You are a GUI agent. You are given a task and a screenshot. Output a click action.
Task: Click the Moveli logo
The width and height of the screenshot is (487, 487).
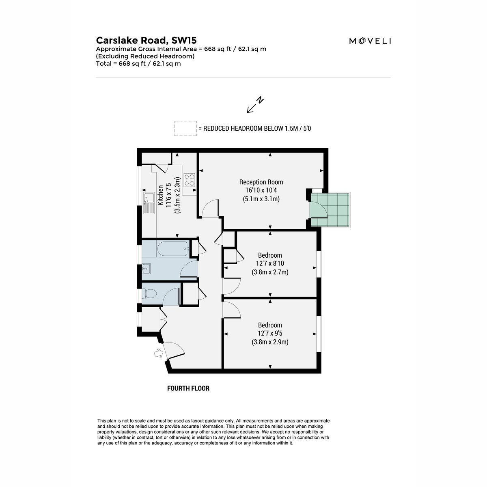pos(370,41)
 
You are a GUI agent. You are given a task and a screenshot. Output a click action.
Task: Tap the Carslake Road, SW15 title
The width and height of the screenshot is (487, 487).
pos(146,40)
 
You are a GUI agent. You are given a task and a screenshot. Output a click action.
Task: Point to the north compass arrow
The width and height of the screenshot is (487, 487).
pos(255,105)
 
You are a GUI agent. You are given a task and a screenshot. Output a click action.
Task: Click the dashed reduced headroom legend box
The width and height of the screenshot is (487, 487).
pos(185,128)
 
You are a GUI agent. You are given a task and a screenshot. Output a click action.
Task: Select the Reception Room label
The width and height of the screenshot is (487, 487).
pos(261,182)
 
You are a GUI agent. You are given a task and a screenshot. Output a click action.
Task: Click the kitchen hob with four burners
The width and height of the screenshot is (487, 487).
pos(189,180)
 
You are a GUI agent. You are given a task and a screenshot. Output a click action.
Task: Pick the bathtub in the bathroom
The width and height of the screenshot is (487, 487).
pos(173,249)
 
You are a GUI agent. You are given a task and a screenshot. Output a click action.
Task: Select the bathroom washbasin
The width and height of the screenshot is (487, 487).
pos(146,269)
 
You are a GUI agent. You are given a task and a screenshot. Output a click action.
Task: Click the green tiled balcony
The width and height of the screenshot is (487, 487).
pos(330,210)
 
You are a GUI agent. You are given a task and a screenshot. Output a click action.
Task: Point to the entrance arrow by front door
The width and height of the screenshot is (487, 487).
pos(159,353)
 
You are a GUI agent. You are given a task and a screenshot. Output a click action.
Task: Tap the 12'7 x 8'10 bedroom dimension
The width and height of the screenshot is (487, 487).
pos(270,264)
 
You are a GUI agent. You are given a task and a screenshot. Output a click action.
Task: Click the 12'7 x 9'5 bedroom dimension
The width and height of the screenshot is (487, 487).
pos(270,333)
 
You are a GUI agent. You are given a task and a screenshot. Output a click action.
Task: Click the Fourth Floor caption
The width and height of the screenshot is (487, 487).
pos(188,388)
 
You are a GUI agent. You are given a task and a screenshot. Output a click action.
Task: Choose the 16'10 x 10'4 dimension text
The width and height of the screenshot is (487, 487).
pos(261,190)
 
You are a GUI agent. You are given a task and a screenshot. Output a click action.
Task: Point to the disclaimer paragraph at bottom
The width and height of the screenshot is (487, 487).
pos(213,432)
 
